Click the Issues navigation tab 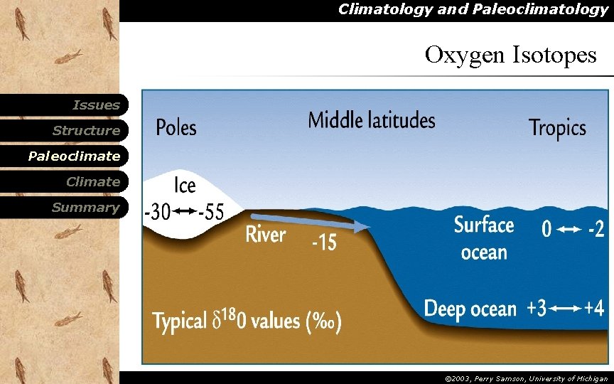tap(96, 105)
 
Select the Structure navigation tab tap(86, 131)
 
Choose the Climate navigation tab tap(92, 182)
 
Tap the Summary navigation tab tap(85, 208)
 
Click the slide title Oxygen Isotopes tap(510, 55)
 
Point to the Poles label tap(176, 128)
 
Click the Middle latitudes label tap(372, 120)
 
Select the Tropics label tap(557, 128)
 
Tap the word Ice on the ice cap tap(185, 185)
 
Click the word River tap(266, 234)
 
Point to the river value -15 tap(324, 242)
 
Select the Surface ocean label tap(484, 238)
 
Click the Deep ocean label tap(470, 309)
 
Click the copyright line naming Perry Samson tap(526, 379)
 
